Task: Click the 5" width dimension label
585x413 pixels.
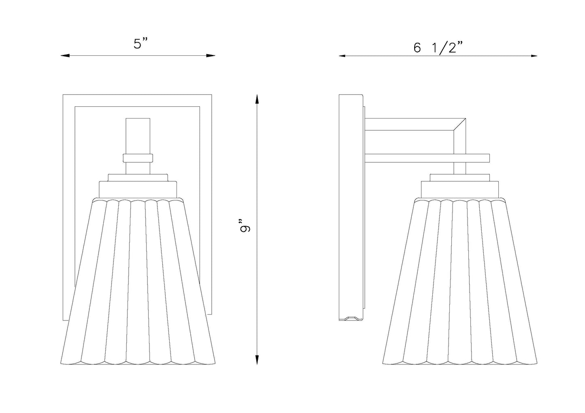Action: [141, 44]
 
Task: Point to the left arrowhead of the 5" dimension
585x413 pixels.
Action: [65, 55]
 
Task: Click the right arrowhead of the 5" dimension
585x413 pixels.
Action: [211, 55]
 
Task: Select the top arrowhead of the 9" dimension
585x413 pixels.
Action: [257, 100]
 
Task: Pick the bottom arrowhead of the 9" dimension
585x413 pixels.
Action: [257, 359]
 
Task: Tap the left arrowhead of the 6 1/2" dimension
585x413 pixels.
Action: [342, 56]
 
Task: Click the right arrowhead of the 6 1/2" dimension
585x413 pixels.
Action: [534, 56]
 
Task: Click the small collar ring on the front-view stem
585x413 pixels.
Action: [138, 158]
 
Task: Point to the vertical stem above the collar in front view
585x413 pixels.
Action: [138, 136]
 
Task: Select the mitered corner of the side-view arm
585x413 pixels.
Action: [459, 124]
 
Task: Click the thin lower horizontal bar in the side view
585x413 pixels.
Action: [427, 158]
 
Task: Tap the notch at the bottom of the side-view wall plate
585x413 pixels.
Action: [351, 319]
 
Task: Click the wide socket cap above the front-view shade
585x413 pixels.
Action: [138, 189]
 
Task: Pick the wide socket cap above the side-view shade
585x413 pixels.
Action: [460, 189]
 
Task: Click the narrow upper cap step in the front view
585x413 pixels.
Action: [138, 178]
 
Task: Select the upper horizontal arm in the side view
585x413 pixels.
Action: [415, 124]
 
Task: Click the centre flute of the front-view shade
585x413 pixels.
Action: [138, 282]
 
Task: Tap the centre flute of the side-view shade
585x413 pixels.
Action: [460, 282]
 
